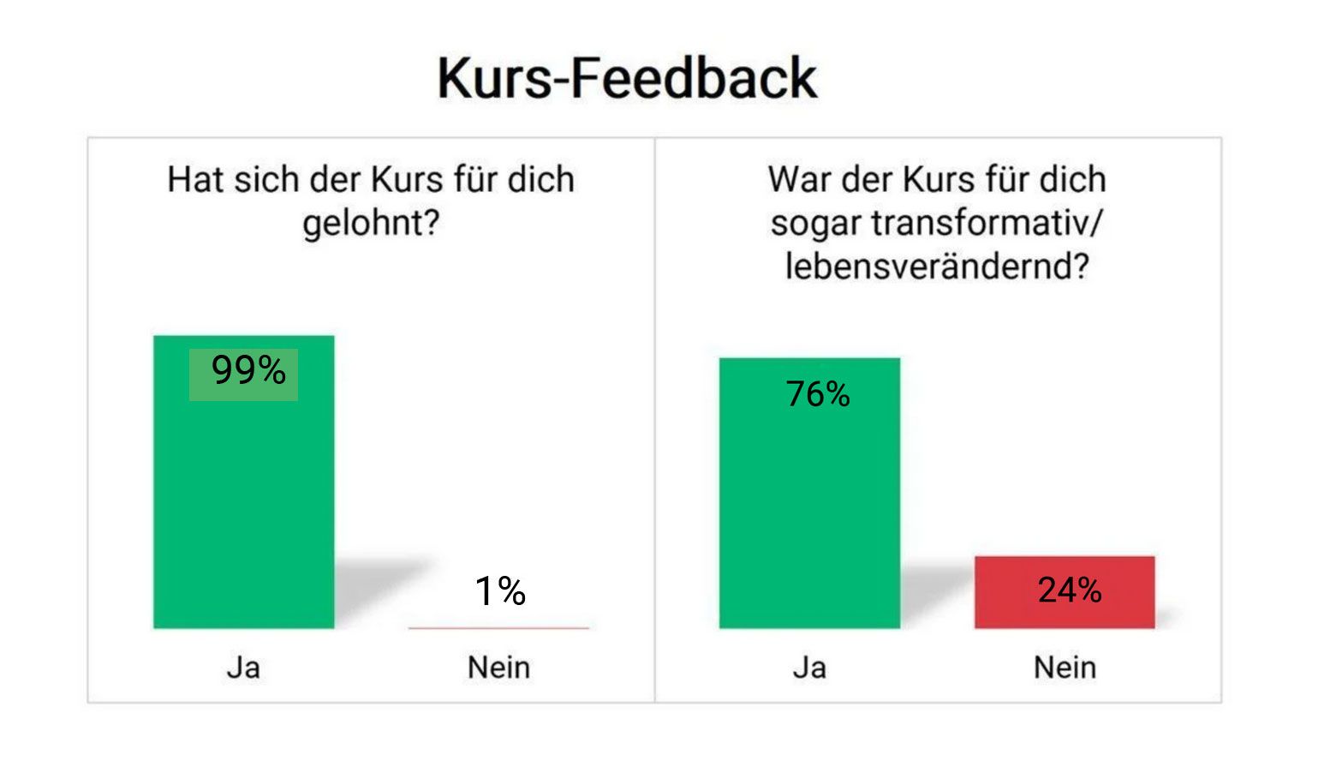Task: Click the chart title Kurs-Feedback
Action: coord(627,78)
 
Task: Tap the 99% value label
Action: coord(248,371)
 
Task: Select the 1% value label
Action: coord(500,591)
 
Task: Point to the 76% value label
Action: coord(818,394)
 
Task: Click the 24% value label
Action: coord(1069,590)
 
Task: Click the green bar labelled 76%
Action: coord(809,514)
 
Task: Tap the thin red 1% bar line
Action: coord(498,628)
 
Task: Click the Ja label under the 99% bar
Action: coord(243,668)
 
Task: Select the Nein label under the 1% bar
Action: coord(498,668)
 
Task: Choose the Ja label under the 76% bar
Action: coord(809,668)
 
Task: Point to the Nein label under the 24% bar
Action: coord(1065,668)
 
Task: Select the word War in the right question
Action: coord(799,180)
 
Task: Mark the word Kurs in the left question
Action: coord(406,180)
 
